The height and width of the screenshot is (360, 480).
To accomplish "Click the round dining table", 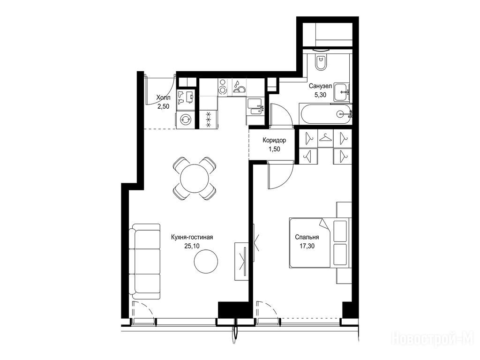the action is [195, 179].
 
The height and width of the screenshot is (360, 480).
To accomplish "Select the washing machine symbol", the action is [185, 120].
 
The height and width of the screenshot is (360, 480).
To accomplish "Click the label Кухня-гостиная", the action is [192, 237].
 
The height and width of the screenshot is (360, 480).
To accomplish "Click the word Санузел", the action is [321, 86].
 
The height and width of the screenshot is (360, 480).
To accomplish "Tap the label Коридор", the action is [274, 141].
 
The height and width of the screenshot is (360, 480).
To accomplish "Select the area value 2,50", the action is [164, 106].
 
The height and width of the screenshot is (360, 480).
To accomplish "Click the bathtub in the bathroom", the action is [325, 114].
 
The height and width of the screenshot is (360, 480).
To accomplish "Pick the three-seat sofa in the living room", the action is [144, 261].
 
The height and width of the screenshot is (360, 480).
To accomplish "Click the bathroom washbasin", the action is [341, 91].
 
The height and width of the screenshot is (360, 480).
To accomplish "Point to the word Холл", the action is [163, 97].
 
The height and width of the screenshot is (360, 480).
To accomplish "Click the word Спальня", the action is [307, 237].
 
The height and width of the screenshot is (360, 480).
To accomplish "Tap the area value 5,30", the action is [321, 95].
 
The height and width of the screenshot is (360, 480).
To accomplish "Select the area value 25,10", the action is [192, 246].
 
